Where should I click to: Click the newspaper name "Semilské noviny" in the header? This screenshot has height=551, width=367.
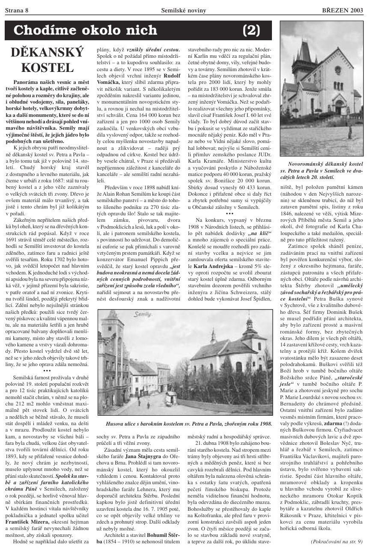pyautogui.click(x=183, y=10)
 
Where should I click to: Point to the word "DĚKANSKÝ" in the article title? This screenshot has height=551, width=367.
pyautogui.click(x=48, y=53)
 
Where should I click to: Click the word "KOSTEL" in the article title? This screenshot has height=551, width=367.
pyautogui.click(x=48, y=68)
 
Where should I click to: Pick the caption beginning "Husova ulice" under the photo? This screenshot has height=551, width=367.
pyautogui.click(x=188, y=423)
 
